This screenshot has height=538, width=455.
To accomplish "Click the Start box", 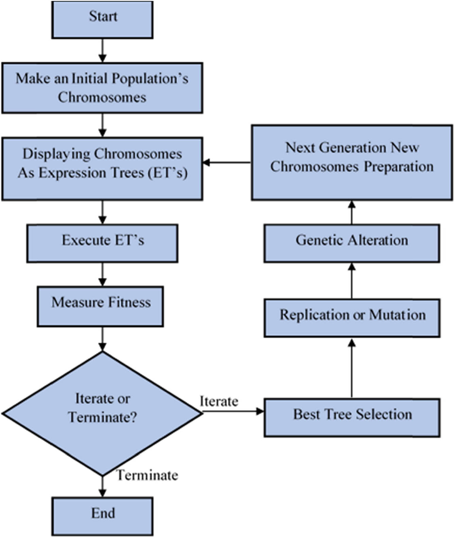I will click(102, 20).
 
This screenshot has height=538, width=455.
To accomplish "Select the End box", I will click(102, 516).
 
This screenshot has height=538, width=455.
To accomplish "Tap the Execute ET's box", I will click(102, 243).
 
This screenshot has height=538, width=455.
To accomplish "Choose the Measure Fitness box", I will click(100, 306).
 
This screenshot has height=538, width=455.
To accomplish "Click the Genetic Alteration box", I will click(352, 243).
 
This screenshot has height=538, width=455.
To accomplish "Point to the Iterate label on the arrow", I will click(219, 401).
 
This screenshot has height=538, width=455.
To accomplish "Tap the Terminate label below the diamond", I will click(147, 475).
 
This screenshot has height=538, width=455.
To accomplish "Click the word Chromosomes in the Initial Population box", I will click(102, 97).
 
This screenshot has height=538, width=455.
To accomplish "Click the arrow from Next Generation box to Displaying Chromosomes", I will click(227, 162).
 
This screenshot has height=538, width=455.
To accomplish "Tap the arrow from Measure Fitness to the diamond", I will click(102, 339).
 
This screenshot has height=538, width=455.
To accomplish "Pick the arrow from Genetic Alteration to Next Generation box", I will click(352, 212).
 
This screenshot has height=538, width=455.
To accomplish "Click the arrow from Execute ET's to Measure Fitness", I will click(102, 274).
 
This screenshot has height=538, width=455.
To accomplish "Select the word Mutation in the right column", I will click(397, 315).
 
